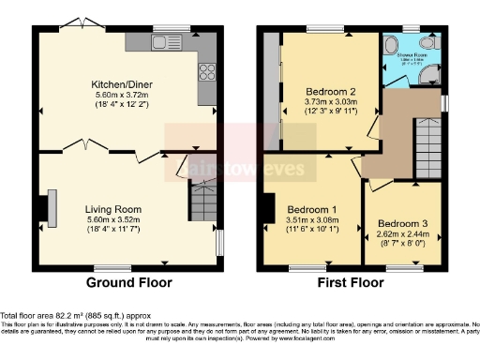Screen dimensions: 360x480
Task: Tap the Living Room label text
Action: (x=112, y=208)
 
